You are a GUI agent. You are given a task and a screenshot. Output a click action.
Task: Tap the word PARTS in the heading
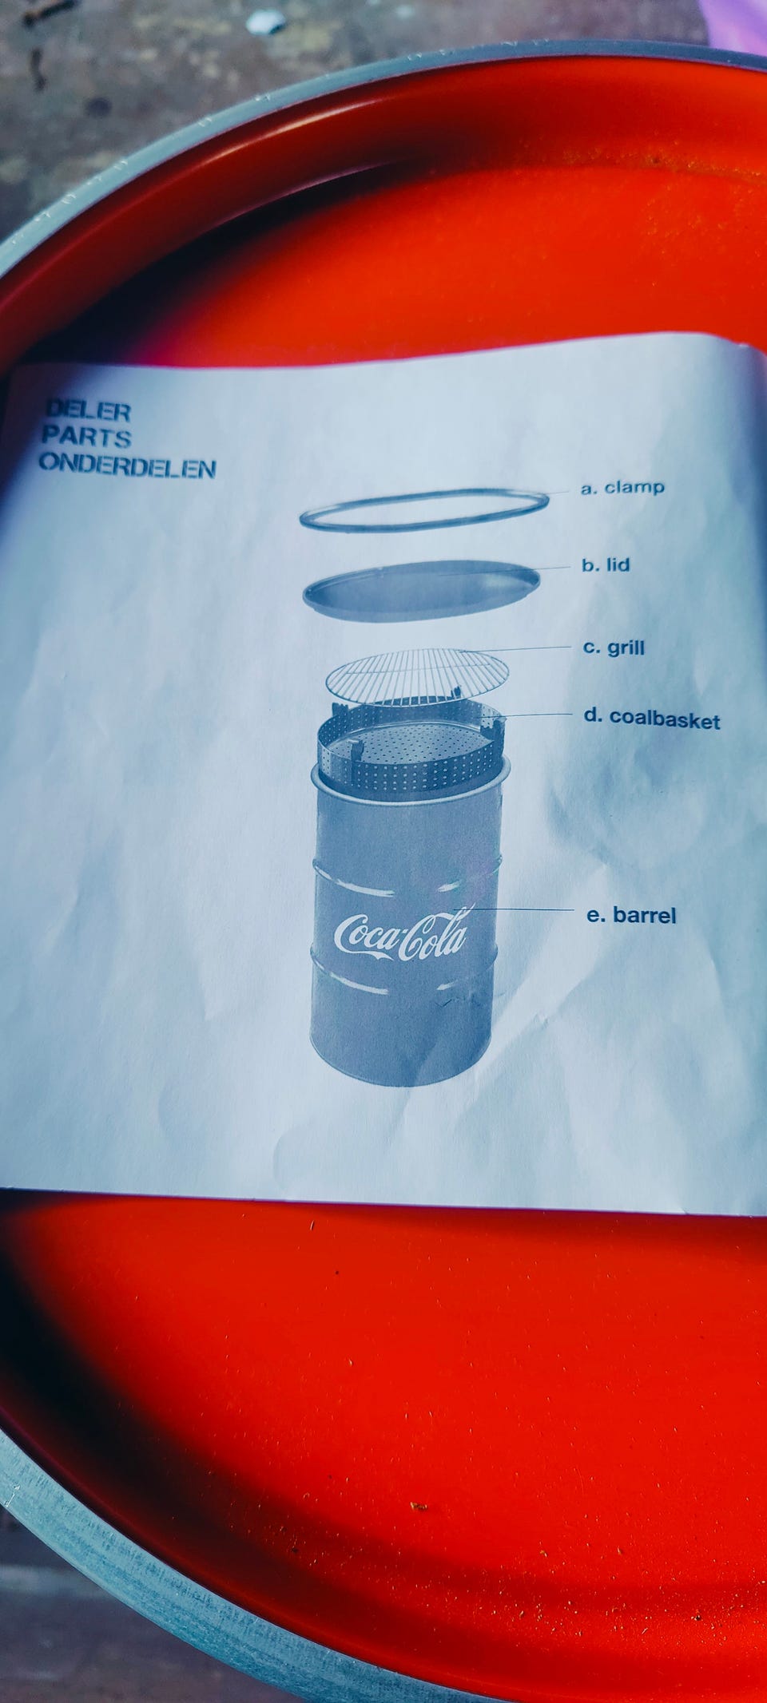click(85, 437)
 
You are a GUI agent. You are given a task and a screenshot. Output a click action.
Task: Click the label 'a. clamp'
click(622, 487)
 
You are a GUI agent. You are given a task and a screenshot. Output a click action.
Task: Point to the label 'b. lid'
click(606, 565)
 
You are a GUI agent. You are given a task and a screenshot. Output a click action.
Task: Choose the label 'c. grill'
click(614, 648)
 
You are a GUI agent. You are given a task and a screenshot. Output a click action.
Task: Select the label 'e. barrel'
click(631, 915)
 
